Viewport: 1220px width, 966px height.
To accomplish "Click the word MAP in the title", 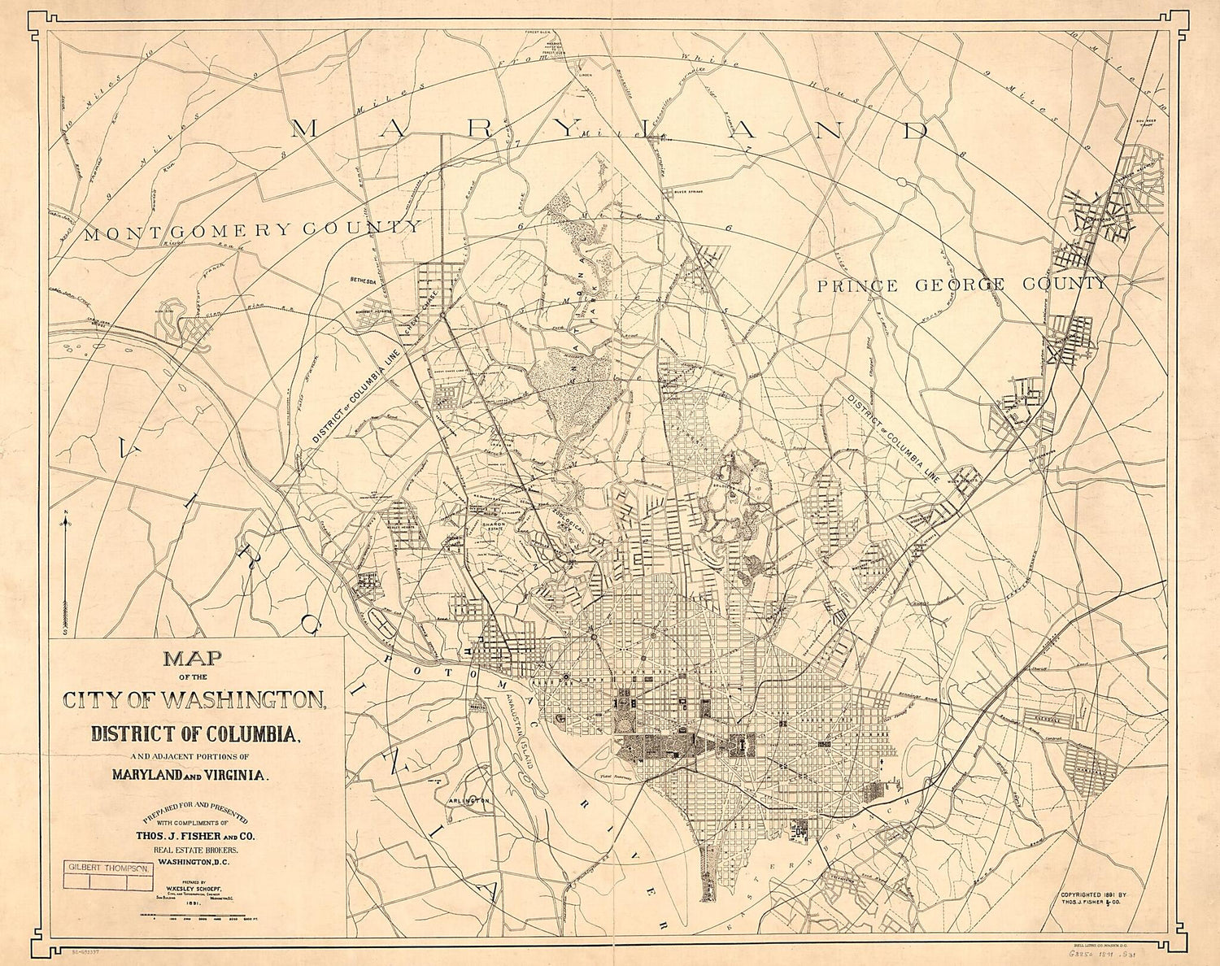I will pos(193,659).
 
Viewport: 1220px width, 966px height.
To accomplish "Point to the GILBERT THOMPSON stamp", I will pos(109,868).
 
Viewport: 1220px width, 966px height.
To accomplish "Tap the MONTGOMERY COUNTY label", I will pos(252,230).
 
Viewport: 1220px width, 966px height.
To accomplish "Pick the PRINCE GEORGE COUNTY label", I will pos(962,285).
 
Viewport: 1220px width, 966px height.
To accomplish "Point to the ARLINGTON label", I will pos(469,801).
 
